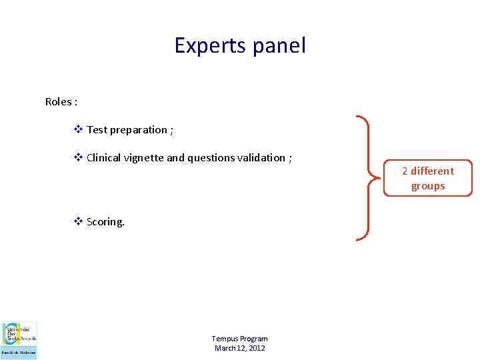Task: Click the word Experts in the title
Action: point(209,45)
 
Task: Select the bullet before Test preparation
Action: point(78,130)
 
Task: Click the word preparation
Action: point(138,130)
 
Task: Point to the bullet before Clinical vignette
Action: point(78,158)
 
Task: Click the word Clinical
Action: point(104,158)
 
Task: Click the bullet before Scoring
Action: point(78,222)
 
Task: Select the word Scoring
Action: point(105,222)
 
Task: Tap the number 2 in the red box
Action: point(405,171)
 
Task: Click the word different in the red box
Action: point(432,171)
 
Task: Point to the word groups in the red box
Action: point(428,186)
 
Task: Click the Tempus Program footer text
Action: point(239,339)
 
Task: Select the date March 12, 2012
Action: point(239,348)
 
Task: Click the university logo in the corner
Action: point(19,340)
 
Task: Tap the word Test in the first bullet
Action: point(97,130)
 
